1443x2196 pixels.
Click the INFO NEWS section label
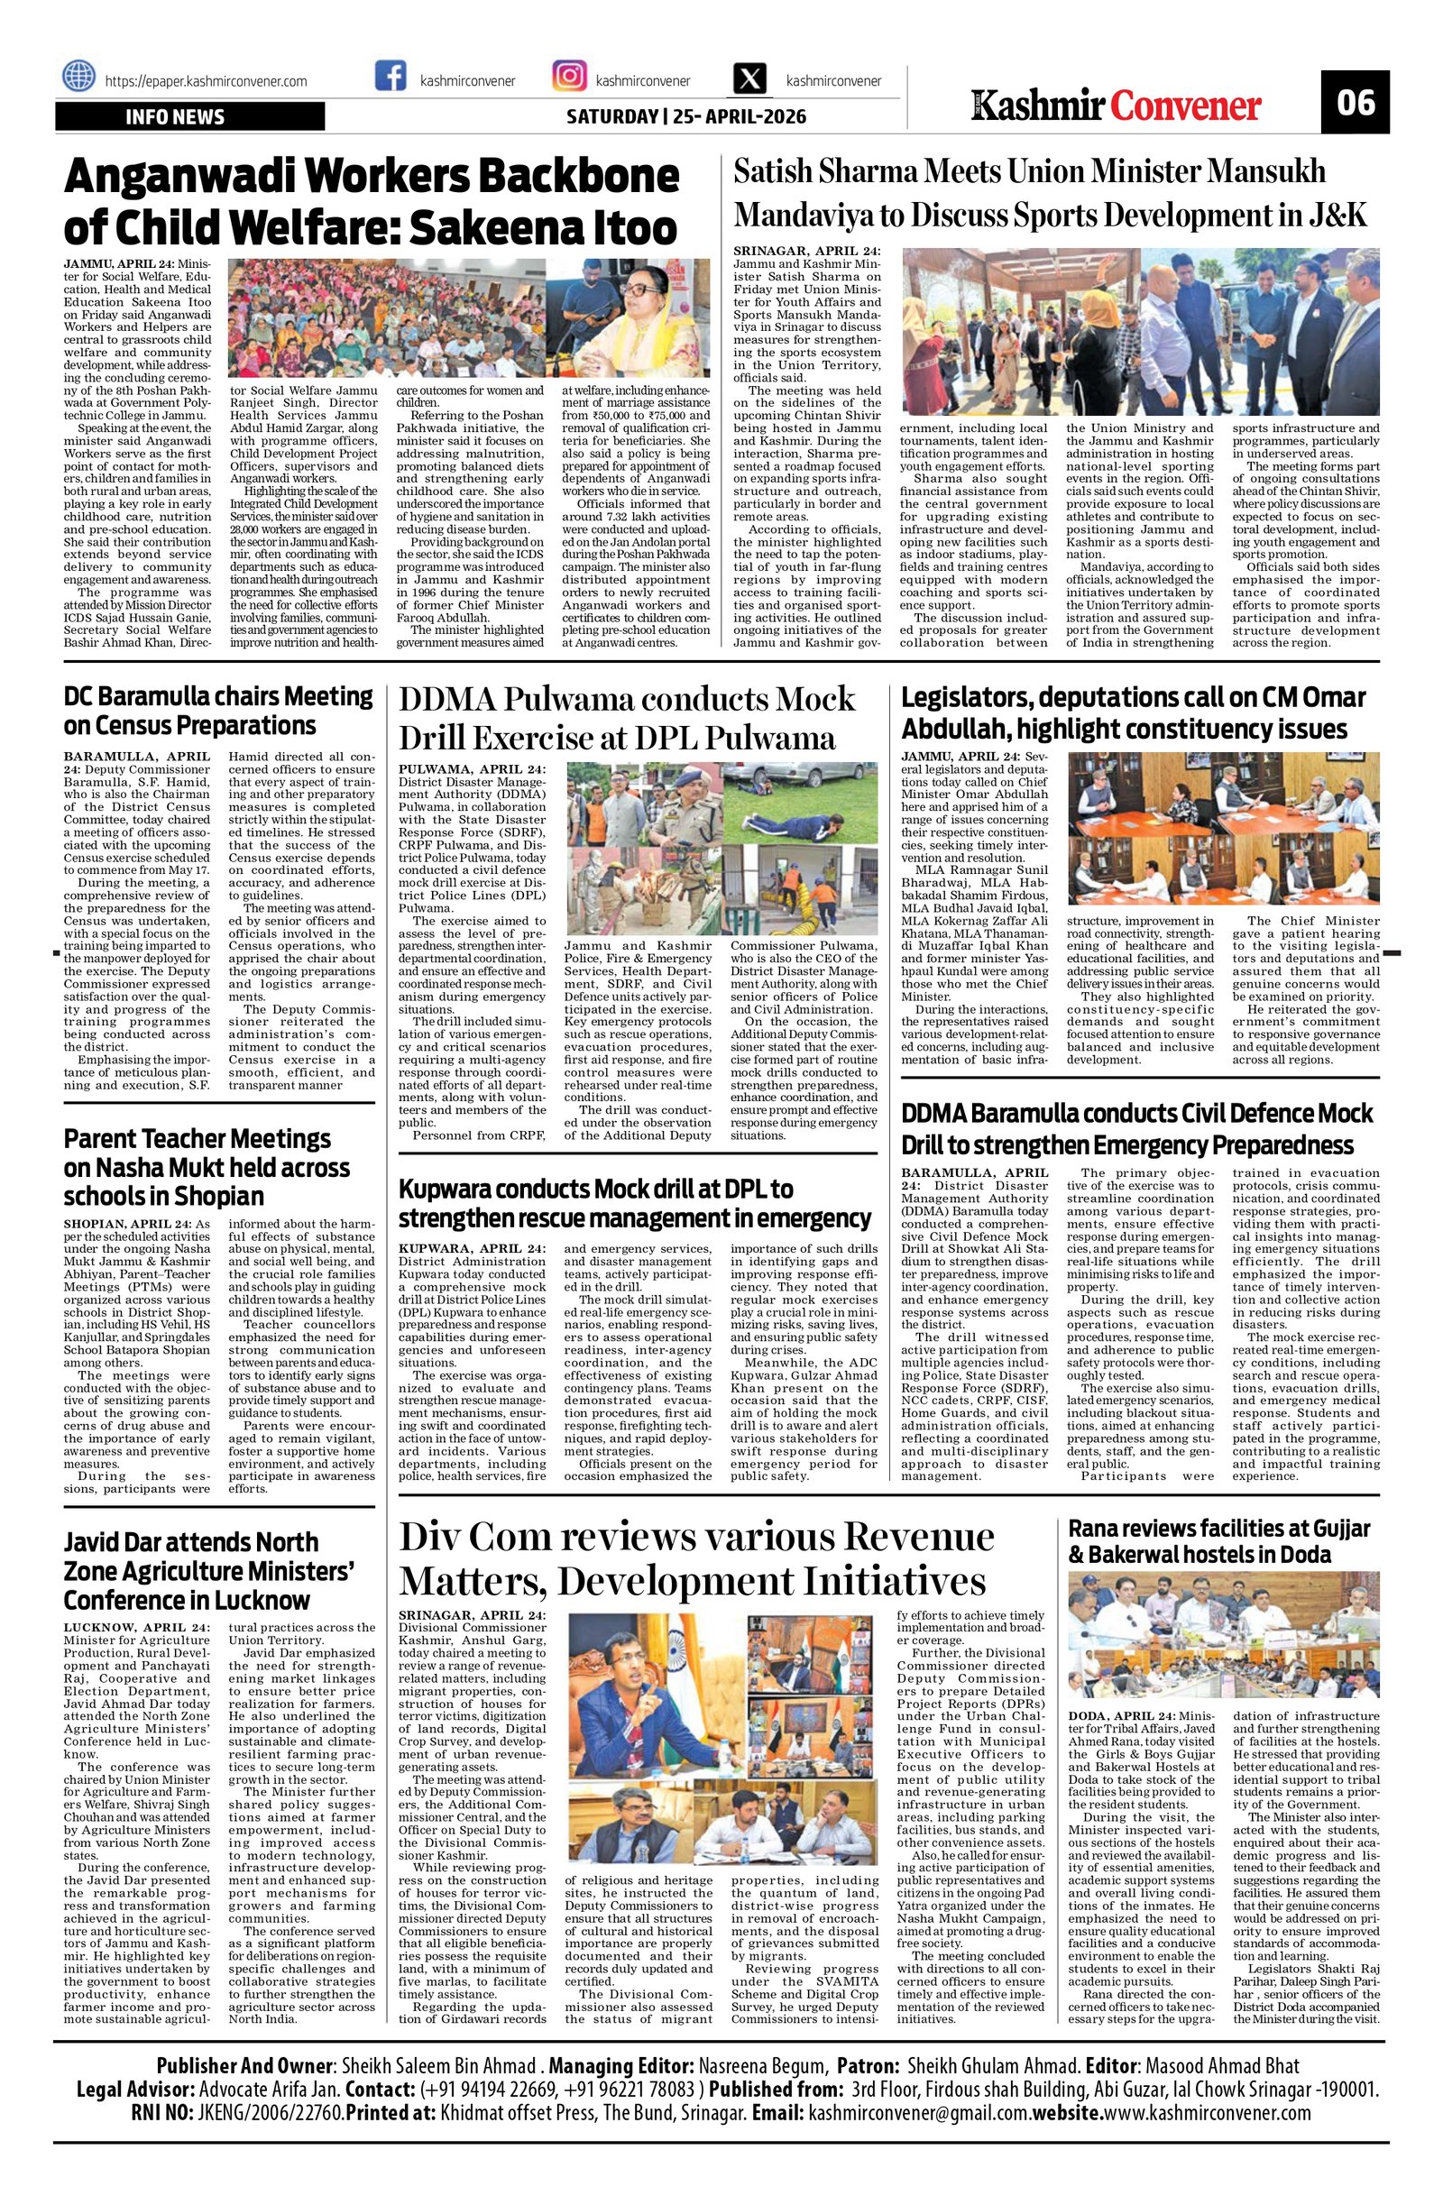175,117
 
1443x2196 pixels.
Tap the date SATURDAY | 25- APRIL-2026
685,117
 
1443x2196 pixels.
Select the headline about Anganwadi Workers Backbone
371,202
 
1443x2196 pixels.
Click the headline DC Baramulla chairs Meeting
218,710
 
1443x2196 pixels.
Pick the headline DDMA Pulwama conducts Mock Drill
628,719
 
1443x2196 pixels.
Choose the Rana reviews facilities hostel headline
1220,1541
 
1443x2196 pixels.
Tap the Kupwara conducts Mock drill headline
635,1202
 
